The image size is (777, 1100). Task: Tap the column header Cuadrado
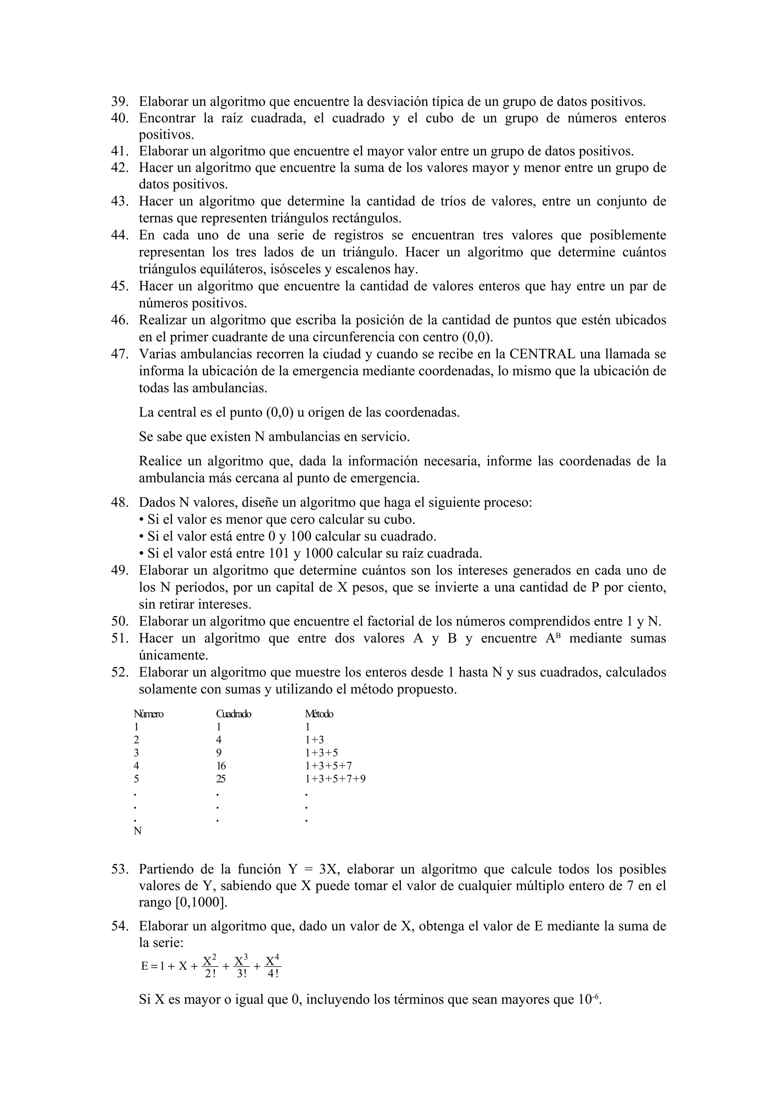(x=234, y=714)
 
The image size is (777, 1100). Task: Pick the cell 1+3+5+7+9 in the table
(x=335, y=779)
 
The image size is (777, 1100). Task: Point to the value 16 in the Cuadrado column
(x=221, y=766)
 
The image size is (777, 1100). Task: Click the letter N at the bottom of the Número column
(x=137, y=831)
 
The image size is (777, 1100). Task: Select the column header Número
(x=148, y=714)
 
